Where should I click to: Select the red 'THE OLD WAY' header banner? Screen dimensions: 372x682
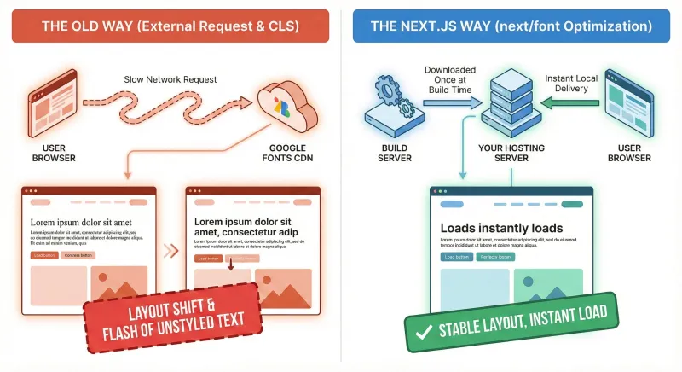[170, 26]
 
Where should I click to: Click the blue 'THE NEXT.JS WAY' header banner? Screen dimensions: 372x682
[511, 26]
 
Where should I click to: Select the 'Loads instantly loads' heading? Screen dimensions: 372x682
[501, 228]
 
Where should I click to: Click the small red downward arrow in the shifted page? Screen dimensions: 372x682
[230, 267]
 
